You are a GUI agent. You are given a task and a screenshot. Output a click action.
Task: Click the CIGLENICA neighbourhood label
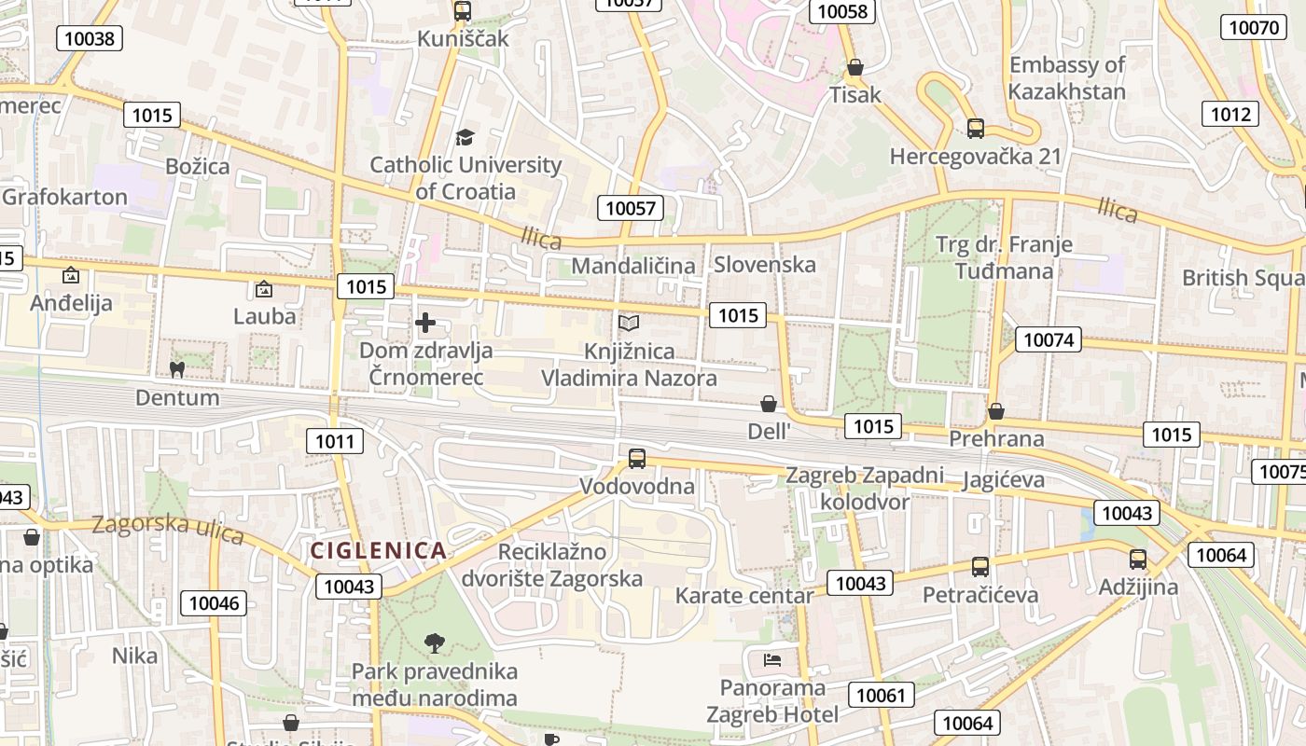[378, 550]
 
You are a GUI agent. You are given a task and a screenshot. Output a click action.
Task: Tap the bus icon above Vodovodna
[637, 458]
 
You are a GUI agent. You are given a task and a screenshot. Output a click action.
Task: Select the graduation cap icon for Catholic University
[465, 138]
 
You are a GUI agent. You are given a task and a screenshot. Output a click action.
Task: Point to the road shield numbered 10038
[90, 38]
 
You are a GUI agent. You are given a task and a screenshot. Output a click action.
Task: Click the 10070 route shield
[1254, 27]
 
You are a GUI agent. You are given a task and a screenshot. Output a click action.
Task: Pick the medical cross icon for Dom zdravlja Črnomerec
[425, 323]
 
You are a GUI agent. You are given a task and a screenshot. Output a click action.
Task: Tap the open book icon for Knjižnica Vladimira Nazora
[630, 323]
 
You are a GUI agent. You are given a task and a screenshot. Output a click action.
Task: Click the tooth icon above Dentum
[176, 369]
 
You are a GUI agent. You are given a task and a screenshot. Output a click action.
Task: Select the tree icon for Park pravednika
[434, 642]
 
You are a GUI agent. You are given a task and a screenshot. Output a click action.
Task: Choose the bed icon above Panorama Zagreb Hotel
[772, 660]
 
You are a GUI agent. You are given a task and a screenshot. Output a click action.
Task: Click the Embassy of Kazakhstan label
[1067, 78]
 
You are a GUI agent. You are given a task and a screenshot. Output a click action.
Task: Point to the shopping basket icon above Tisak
[855, 67]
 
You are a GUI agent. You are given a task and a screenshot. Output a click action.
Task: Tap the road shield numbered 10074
[1049, 339]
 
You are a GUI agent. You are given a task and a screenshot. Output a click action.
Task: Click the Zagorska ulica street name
[168, 530]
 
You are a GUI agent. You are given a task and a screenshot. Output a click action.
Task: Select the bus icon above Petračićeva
[980, 566]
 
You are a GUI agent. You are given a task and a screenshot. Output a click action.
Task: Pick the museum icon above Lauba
[264, 289]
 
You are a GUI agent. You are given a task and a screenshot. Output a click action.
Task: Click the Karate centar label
[744, 595]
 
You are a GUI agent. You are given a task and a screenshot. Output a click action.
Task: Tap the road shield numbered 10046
[215, 602]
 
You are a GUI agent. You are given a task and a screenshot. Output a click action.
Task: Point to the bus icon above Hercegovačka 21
[976, 128]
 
